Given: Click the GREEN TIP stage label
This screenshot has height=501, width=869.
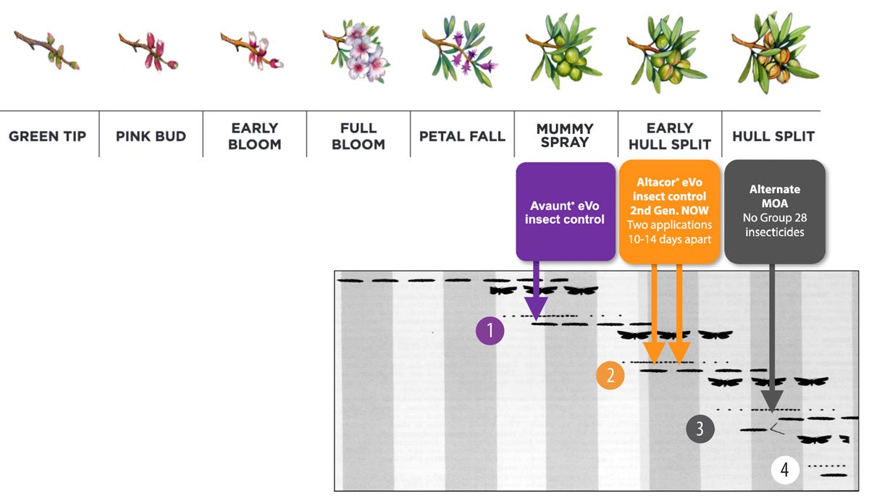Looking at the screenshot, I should pos(48,136).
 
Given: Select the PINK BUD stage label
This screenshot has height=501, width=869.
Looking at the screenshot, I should pos(151,136).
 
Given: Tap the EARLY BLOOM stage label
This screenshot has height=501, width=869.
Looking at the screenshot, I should pos(254,136).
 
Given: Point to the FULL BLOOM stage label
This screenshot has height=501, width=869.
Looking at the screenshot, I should pos(358,136).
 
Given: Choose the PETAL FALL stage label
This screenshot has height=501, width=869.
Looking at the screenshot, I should pos(462,136).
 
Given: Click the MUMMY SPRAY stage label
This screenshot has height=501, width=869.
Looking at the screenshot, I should pos(565,136).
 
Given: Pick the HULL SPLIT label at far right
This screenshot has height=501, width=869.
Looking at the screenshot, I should pos(773,136).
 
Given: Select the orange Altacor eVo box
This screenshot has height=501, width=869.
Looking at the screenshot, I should pos(670,211).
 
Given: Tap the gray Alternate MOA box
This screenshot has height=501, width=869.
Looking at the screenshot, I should pos(774,211).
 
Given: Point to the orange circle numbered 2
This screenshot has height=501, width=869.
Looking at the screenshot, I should pos(610,375).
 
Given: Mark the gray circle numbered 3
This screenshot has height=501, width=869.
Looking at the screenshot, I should pos(700,428).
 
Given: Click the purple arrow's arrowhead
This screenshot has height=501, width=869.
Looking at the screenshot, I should pos(537,312).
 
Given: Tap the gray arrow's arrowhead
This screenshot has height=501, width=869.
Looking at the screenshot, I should pos(773,402).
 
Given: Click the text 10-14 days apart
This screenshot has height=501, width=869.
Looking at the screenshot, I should pos(670,239).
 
